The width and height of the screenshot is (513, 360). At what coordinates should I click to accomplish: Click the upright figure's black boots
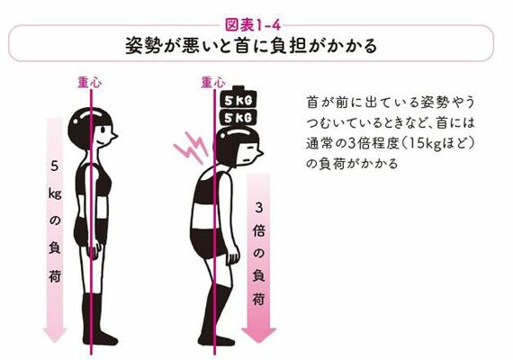pyautogui.click(x=94, y=319)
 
